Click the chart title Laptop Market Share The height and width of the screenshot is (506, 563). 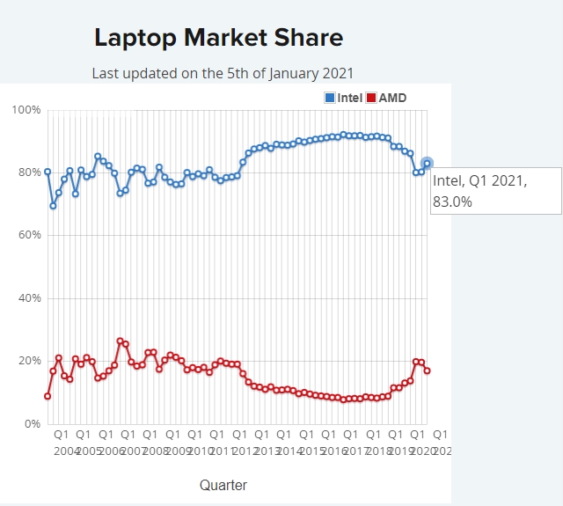218,38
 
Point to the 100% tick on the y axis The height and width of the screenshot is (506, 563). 26,110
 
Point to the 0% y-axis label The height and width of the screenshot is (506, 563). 32,424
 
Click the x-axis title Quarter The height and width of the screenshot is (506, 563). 223,485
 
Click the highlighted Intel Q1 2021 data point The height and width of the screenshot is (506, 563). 428,164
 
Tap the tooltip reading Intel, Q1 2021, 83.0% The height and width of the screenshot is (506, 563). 495,190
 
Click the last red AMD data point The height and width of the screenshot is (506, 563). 428,370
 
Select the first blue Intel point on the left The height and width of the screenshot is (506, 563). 48,172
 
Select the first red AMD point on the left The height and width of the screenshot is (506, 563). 48,396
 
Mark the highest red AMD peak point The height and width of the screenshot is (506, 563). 121,341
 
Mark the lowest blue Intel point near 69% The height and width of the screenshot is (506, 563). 53,206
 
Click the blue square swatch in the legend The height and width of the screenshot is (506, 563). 330,97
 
